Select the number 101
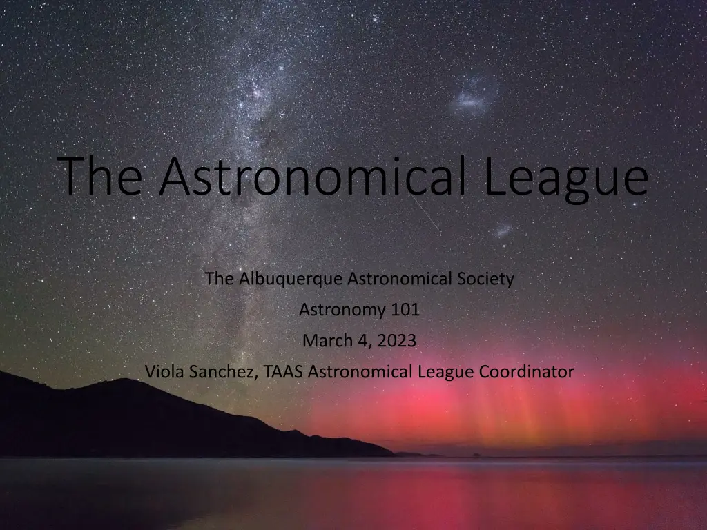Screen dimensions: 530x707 405,311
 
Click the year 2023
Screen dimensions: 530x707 398,341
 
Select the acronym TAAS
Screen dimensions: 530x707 284,372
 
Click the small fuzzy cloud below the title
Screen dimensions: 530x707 503,229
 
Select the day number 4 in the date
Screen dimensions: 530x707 363,341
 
